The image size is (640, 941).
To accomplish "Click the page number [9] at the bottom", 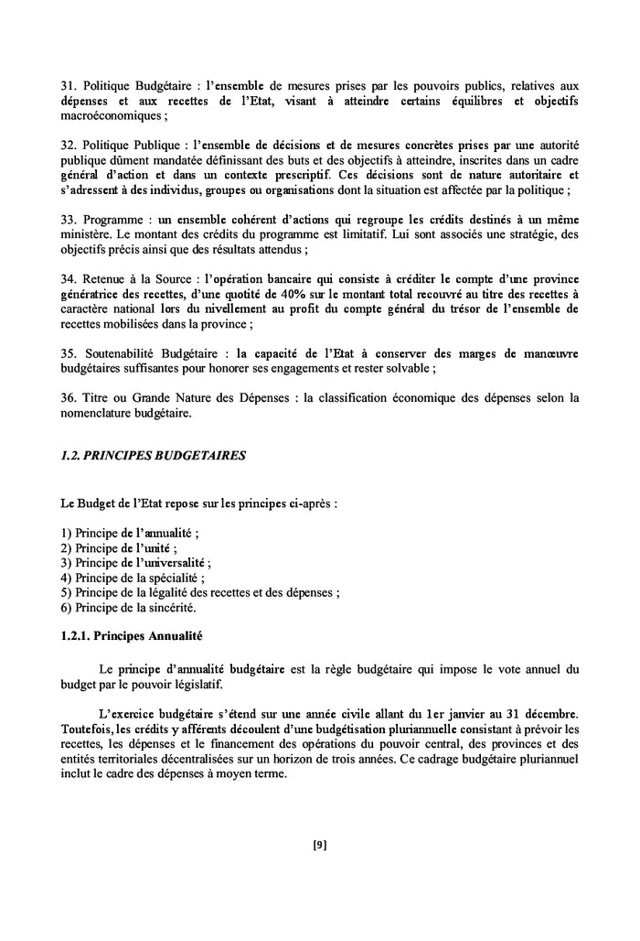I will click(319, 845).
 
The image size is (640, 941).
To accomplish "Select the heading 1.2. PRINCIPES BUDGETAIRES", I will click(154, 454).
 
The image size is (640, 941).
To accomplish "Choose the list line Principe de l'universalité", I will click(143, 562).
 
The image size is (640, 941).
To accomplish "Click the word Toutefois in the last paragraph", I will click(87, 729).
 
